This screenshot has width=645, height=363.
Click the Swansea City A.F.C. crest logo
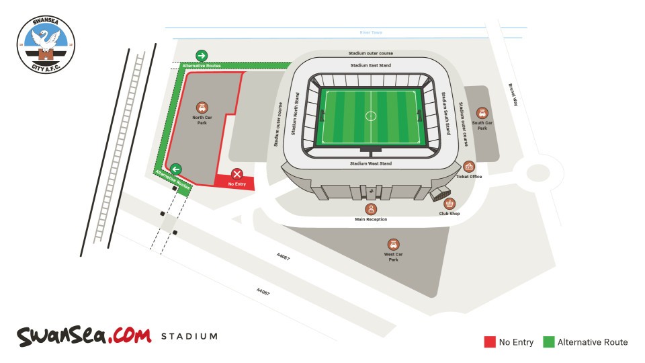click(46, 44)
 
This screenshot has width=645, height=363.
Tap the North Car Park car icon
click(202, 108)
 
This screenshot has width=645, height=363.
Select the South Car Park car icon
click(482, 113)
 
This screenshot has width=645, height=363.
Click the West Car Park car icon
click(394, 245)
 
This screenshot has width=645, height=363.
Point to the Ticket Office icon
click(469, 167)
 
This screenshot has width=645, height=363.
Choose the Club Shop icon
click(449, 204)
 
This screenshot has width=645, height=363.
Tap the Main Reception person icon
click(371, 210)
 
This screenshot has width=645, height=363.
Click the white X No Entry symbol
click(236, 174)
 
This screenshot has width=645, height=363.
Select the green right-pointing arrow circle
click(202, 55)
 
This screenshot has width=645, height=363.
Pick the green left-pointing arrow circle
click(175, 169)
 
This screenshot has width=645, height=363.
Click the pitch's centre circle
click(371, 116)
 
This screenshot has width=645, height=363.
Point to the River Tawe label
click(370, 32)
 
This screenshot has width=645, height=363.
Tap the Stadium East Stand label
click(370, 65)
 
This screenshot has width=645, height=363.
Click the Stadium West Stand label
click(370, 164)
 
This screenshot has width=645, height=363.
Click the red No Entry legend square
click(490, 342)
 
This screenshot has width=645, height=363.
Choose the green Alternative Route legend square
click(548, 342)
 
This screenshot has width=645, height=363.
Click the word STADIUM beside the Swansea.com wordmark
click(189, 336)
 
